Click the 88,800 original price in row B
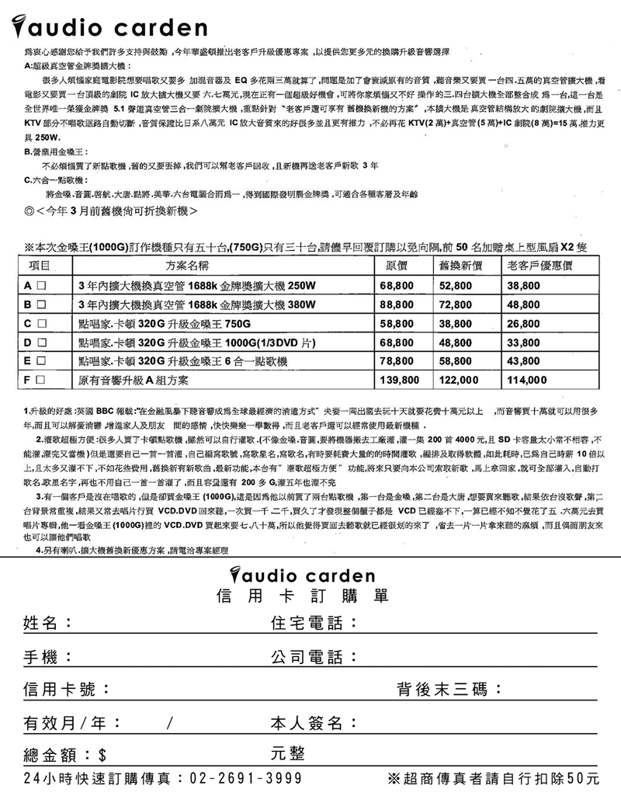(397, 304)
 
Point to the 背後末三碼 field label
(450, 690)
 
